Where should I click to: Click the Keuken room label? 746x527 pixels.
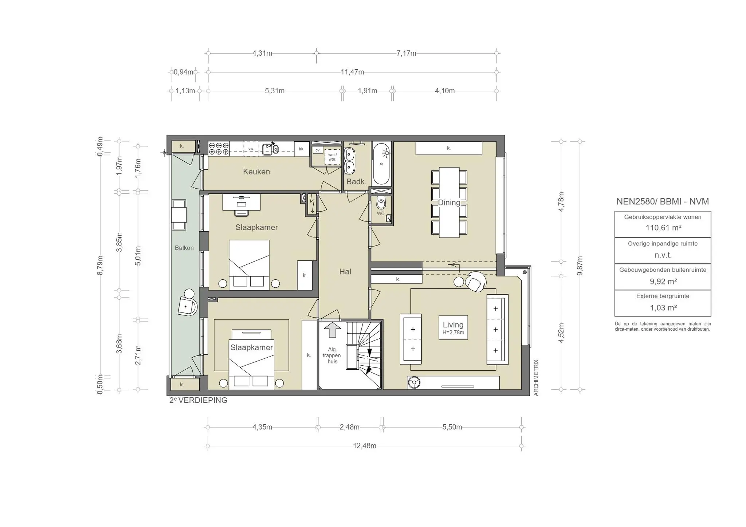(256, 172)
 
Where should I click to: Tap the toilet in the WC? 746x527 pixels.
(381, 202)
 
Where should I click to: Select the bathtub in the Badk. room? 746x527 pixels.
(381, 164)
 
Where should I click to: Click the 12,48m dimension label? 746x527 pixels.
(364, 446)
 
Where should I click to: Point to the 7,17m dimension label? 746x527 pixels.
(406, 53)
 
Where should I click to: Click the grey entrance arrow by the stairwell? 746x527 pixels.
(332, 330)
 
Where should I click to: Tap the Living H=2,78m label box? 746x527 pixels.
(453, 327)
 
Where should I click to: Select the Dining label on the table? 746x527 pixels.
(449, 202)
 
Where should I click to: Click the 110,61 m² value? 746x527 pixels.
(663, 228)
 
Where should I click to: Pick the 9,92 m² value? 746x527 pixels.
(663, 282)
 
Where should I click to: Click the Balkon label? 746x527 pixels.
(184, 248)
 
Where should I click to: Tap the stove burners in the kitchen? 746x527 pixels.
(219, 149)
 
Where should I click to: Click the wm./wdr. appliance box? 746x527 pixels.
(332, 157)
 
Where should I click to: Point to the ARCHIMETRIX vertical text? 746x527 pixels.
(536, 378)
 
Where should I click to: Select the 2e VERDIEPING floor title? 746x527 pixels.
(198, 400)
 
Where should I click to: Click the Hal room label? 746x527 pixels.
(345, 271)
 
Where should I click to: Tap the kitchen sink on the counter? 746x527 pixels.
(270, 149)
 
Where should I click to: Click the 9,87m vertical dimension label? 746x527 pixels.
(580, 266)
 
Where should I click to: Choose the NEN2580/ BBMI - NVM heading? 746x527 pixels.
(663, 201)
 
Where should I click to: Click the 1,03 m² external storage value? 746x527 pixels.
(663, 308)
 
